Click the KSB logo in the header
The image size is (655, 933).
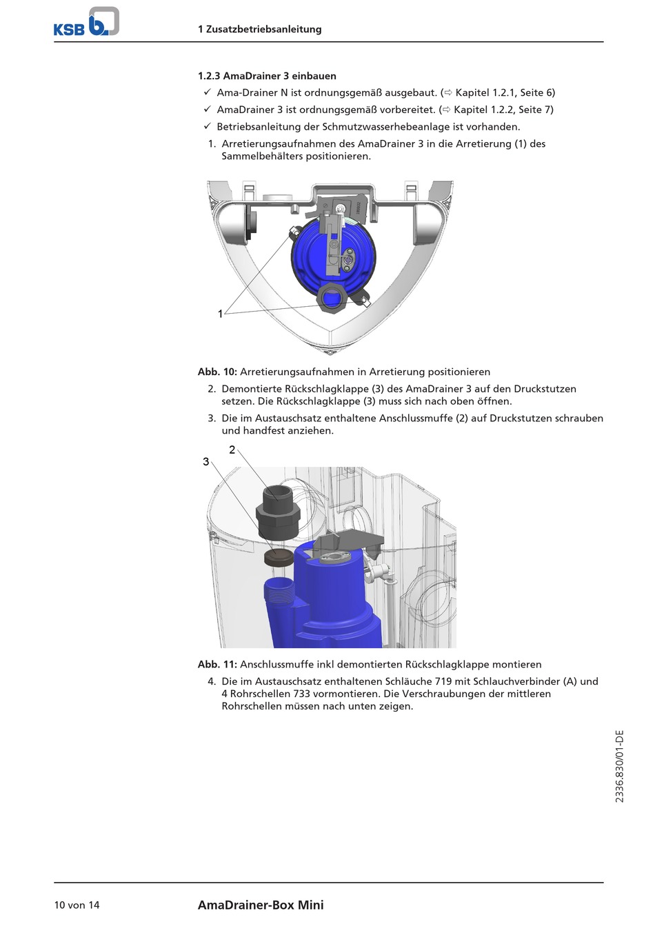[86, 22]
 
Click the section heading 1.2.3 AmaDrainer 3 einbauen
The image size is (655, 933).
[267, 76]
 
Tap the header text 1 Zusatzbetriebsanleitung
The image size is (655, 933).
[259, 29]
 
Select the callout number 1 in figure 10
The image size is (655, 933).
[221, 314]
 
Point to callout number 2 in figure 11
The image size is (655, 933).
[232, 450]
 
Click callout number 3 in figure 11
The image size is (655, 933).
[205, 461]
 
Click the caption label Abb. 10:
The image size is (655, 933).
[217, 372]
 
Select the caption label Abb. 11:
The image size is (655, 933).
[217, 665]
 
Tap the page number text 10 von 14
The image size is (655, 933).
[77, 905]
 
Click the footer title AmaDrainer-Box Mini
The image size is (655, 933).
[261, 905]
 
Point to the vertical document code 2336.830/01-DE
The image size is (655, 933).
[619, 765]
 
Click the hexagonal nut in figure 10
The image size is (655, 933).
[332, 297]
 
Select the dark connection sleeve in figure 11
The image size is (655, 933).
[278, 511]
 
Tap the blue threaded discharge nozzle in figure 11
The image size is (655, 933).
[279, 590]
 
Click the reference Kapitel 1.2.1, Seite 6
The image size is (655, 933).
[504, 92]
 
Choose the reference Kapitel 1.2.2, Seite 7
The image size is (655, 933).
[503, 110]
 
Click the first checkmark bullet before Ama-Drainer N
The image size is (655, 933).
[207, 92]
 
